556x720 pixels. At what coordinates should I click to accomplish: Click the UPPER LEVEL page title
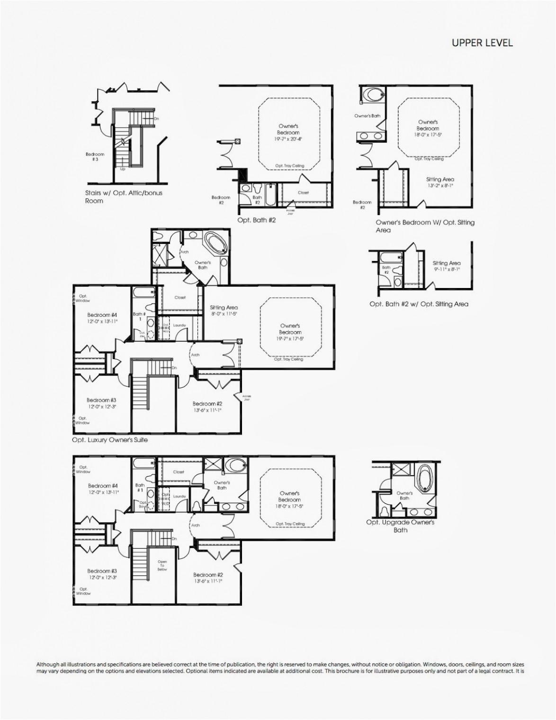[482, 43]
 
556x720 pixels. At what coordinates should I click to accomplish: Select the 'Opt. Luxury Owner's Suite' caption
[110, 440]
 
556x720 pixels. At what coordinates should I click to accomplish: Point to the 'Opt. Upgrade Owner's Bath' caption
[400, 526]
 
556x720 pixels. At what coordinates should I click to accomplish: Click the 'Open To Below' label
[162, 566]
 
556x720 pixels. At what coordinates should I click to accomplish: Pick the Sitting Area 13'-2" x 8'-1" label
[440, 182]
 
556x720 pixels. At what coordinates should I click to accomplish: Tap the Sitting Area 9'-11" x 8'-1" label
[446, 266]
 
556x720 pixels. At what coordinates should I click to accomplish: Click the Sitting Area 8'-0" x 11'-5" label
[224, 310]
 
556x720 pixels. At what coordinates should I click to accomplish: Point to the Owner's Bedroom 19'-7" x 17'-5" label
[290, 332]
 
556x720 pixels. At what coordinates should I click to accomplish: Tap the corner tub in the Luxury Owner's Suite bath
[215, 244]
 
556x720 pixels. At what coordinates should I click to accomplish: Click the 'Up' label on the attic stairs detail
[123, 169]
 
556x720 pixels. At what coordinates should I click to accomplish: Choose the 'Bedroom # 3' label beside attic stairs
[95, 157]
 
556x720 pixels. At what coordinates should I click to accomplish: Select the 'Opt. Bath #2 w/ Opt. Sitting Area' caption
[419, 304]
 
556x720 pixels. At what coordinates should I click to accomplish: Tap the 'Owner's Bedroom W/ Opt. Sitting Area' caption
[425, 226]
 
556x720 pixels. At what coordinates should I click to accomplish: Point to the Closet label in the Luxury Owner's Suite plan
[180, 297]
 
